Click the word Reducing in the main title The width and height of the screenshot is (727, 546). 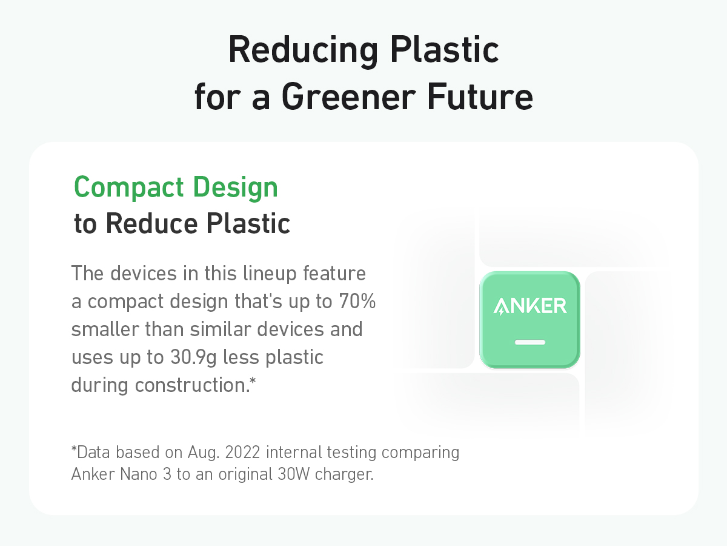tap(303, 50)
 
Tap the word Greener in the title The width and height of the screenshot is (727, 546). tap(348, 97)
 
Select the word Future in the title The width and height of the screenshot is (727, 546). tap(480, 97)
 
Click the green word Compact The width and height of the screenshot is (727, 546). tap(128, 188)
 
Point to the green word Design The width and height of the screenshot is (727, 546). tap(236, 188)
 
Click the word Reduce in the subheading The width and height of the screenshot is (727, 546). tap(151, 224)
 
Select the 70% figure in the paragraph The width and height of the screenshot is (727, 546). tap(357, 301)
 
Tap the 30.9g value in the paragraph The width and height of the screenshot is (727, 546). tap(193, 358)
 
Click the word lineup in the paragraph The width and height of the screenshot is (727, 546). tap(270, 274)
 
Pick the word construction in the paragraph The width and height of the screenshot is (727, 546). tap(193, 385)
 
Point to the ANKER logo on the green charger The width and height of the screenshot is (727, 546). tap(530, 306)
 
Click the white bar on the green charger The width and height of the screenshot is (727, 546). tap(530, 342)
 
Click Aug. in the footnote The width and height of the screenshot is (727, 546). tap(204, 453)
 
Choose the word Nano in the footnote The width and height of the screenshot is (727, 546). tap(139, 474)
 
